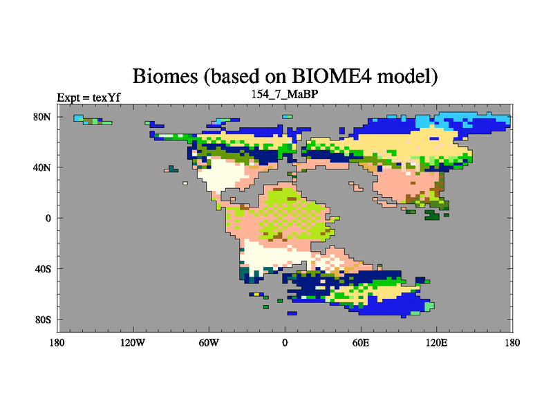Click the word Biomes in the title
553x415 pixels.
click(165, 76)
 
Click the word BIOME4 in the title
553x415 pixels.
click(332, 76)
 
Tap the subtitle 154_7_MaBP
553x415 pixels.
click(285, 94)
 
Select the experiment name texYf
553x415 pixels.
click(106, 98)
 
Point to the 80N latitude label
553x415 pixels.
click(42, 117)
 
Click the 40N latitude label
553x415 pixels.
click(42, 167)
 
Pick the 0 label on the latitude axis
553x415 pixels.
click(48, 219)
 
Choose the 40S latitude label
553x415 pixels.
click(43, 269)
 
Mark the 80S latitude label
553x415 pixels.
click(43, 320)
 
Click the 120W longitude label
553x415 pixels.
click(133, 342)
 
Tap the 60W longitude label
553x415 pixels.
click(209, 342)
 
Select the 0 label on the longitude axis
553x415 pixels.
click(285, 342)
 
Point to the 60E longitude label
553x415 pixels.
click(361, 342)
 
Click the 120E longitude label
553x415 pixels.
click(437, 342)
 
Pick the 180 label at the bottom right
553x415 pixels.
click(512, 342)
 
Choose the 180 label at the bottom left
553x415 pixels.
click(57, 342)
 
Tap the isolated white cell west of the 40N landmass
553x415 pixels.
click(185, 183)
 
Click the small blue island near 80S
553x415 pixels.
click(292, 313)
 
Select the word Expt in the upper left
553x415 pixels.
click(68, 98)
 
